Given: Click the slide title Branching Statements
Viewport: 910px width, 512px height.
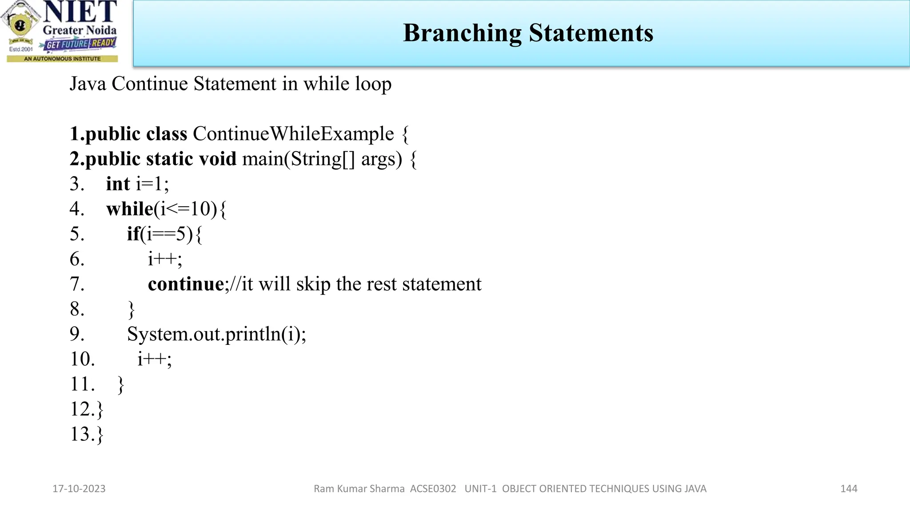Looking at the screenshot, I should tap(528, 33).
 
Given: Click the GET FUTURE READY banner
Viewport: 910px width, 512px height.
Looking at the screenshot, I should tap(80, 44).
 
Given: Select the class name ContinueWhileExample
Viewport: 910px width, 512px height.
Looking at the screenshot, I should tap(293, 134).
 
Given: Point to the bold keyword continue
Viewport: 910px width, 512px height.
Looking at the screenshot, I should tap(186, 284).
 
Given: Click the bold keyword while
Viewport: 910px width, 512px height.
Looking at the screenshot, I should tap(129, 209).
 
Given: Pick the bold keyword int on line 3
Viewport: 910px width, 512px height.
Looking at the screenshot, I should tap(118, 184).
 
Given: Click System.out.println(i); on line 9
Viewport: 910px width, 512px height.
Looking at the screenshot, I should tap(216, 334).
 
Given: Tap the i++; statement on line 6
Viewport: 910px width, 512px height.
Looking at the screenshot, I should tap(165, 259).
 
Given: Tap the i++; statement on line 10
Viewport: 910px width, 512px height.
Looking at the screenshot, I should tap(154, 359).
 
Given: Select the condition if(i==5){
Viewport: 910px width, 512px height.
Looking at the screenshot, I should tap(164, 234).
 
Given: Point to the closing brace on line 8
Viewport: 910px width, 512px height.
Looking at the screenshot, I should tap(131, 309).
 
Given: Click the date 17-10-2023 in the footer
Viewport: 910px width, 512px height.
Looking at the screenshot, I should tap(79, 489).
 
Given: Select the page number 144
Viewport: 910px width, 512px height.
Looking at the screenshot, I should tap(848, 489).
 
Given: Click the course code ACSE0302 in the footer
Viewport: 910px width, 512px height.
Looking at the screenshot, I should tap(433, 489).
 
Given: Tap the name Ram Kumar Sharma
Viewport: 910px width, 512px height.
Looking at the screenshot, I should tap(359, 489).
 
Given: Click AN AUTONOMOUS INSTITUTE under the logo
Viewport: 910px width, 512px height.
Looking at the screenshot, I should tap(62, 59).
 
